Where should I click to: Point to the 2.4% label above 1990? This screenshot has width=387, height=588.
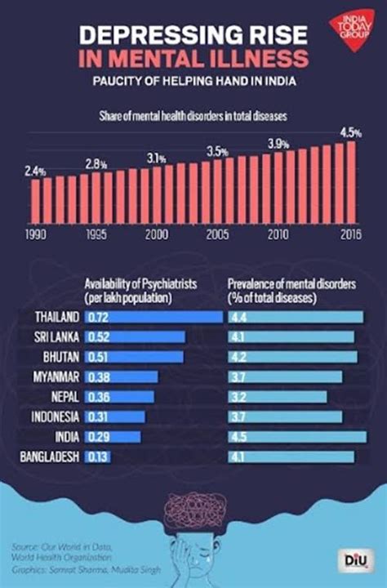(x=35, y=171)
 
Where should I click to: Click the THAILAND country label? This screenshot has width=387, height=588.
(x=57, y=316)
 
